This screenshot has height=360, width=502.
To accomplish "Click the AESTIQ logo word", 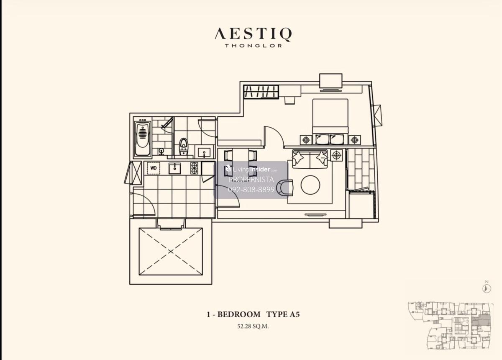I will [253, 34].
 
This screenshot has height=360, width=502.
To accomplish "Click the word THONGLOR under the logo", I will [253, 46].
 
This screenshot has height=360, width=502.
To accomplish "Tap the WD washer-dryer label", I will [154, 168].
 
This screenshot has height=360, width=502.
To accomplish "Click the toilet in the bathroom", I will [183, 146].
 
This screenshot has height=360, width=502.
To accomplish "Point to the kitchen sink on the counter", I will [175, 168].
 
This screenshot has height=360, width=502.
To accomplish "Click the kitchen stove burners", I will [195, 168].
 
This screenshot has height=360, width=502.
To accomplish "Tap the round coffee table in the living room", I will [310, 185].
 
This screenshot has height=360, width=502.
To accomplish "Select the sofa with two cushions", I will [310, 159].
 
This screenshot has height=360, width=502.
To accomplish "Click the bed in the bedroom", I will [330, 119].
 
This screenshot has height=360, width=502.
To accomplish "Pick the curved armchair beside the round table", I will [285, 187].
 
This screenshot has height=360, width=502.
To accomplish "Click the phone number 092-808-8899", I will [251, 190].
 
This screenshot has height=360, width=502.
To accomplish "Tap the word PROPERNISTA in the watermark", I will [251, 180].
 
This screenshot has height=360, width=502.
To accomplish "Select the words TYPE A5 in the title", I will [283, 314].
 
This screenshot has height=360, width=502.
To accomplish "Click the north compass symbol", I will [487, 288].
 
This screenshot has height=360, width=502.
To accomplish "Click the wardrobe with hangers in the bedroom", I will [261, 92].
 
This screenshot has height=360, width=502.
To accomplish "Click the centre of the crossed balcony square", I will [171, 252].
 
